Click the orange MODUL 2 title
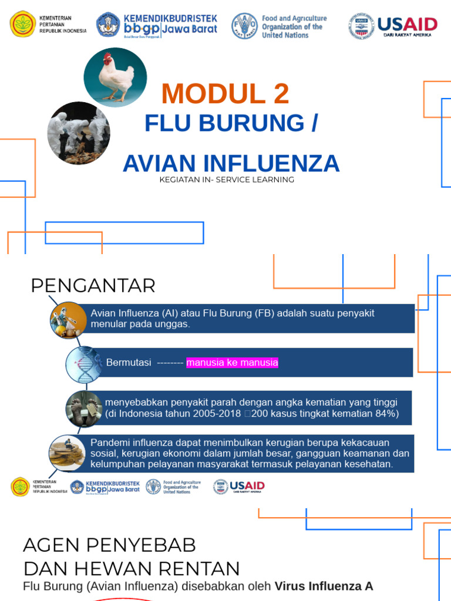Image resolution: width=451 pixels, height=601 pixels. click(225, 94)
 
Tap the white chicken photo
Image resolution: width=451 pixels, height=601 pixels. click(115, 77)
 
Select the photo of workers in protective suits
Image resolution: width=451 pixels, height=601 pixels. click(79, 133)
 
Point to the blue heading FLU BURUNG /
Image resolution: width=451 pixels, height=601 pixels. click(231, 123)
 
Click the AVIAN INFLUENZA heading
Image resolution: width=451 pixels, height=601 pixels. click(231, 163)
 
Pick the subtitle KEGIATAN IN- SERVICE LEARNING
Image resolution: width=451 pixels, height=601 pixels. click(227, 180)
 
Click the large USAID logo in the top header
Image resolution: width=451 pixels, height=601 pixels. click(406, 25)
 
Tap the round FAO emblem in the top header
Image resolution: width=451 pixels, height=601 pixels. click(244, 26)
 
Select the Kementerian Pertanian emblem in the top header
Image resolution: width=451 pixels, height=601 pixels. click(23, 24)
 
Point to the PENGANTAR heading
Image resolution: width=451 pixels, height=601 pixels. click(93, 286)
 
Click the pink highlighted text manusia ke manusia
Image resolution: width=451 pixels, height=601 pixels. click(232, 363)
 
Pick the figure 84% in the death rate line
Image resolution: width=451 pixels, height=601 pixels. click(387, 414)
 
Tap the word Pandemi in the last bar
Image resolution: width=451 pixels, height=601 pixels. click(109, 442)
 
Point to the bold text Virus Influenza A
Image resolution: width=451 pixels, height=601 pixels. click(324, 586)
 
